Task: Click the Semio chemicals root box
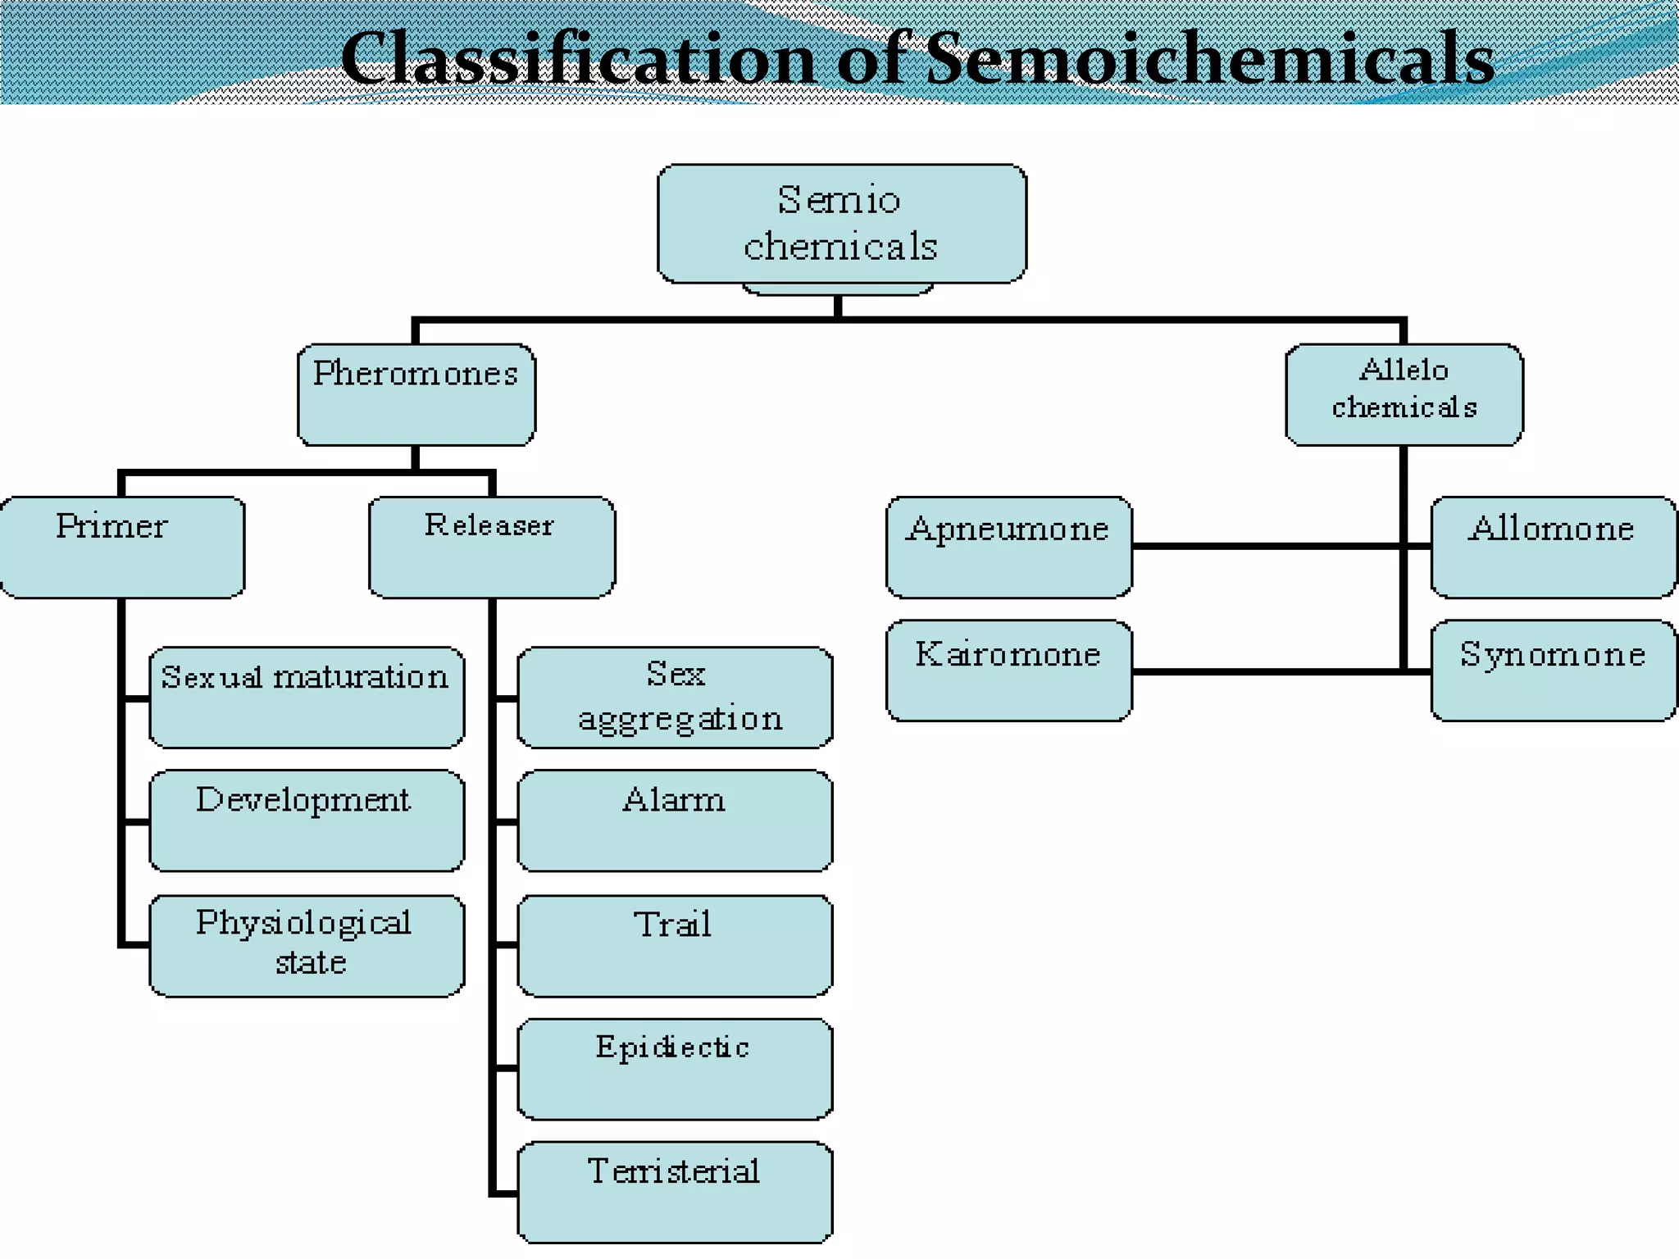841,223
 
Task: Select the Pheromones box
416,394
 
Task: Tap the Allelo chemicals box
1404,394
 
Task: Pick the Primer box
121,547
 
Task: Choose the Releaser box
491,547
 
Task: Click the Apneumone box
1008,547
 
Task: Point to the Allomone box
1553,547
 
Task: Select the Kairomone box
1008,670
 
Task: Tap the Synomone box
1553,670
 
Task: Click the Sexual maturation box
307,697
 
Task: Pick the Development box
307,820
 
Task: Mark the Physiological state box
307,945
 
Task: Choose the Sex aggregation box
675,697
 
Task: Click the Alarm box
675,820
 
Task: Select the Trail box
675,945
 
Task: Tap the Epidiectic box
675,1068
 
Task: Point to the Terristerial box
675,1191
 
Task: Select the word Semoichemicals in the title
1210,59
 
